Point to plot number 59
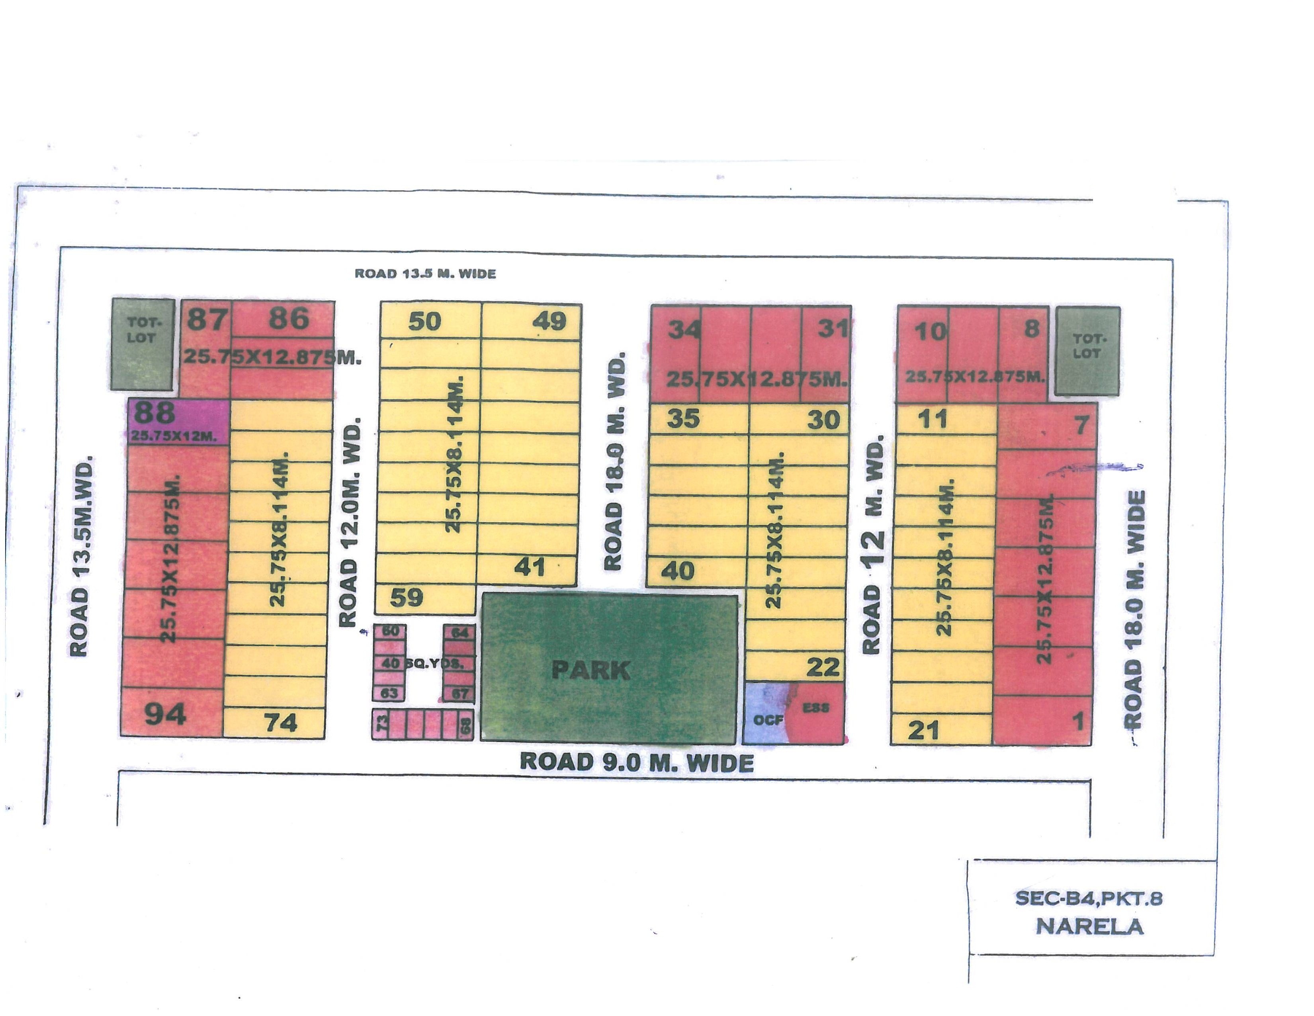click(407, 598)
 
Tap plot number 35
click(683, 418)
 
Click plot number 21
click(923, 730)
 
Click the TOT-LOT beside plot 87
click(141, 342)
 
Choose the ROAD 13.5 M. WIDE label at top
click(425, 274)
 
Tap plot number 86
click(289, 318)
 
